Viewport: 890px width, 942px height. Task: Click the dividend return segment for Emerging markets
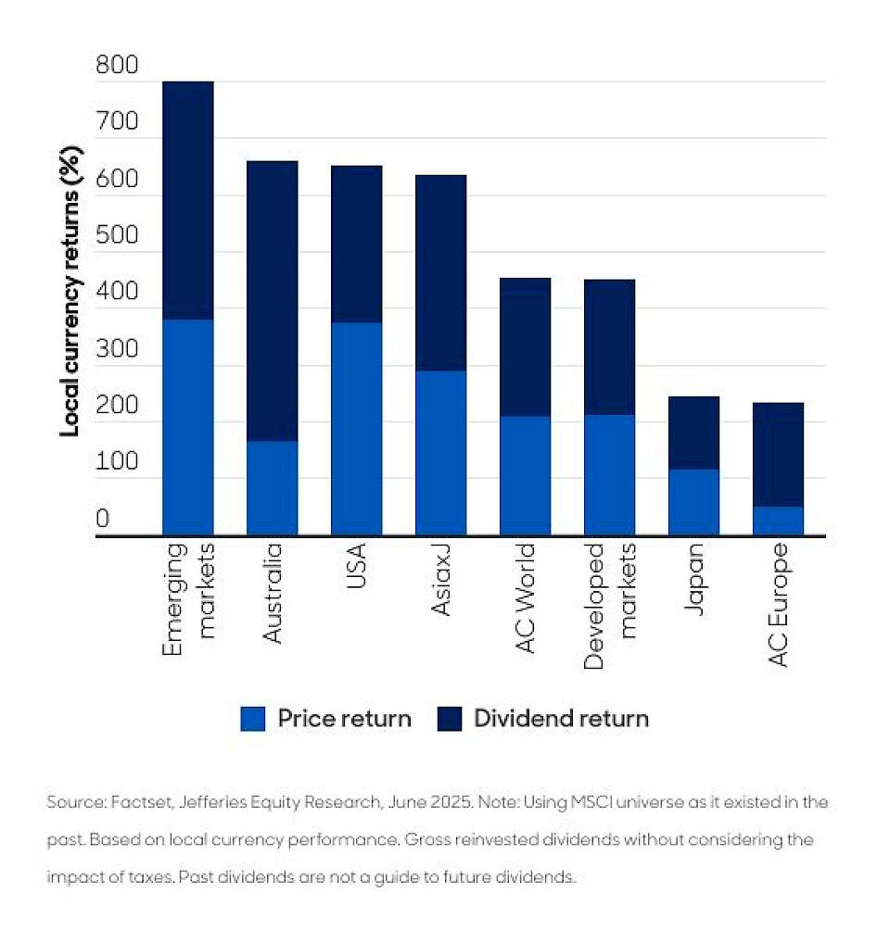[x=188, y=200]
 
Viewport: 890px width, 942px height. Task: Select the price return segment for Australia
[x=272, y=488]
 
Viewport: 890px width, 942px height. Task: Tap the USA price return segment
[x=356, y=429]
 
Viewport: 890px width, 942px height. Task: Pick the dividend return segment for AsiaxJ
[x=440, y=272]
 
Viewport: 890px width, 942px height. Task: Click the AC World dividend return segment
[x=525, y=346]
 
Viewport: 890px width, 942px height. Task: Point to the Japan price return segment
[x=693, y=502]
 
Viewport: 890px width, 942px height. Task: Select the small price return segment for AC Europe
[x=778, y=521]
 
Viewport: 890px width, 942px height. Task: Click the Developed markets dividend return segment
[x=609, y=346]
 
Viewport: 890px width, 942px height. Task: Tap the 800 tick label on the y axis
[x=117, y=66]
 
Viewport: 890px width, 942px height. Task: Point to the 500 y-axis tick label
[x=117, y=236]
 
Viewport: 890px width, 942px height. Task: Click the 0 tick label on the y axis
[x=103, y=520]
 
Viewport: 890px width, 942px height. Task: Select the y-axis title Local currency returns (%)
[x=70, y=291]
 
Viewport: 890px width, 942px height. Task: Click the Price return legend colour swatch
[x=253, y=719]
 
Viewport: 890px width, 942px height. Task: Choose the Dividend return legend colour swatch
[x=449, y=719]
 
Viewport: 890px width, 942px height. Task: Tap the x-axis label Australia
[x=272, y=594]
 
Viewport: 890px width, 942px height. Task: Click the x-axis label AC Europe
[x=778, y=605]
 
